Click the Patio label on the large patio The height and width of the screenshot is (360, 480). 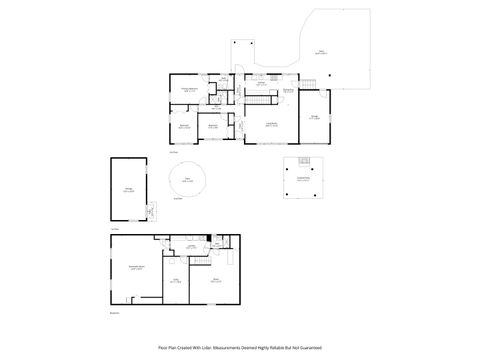[320, 52]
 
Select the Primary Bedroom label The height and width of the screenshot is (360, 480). [187, 90]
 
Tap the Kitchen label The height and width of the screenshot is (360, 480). [260, 84]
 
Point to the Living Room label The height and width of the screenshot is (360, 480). [271, 123]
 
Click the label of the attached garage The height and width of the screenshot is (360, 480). [314, 118]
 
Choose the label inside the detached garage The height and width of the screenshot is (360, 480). [128, 189]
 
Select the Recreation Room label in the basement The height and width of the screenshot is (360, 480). [137, 268]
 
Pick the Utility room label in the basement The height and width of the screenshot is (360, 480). [175, 281]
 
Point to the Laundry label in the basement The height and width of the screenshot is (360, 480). [189, 247]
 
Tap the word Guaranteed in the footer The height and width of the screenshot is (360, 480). [307, 347]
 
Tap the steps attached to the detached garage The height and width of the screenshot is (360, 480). [150, 211]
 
